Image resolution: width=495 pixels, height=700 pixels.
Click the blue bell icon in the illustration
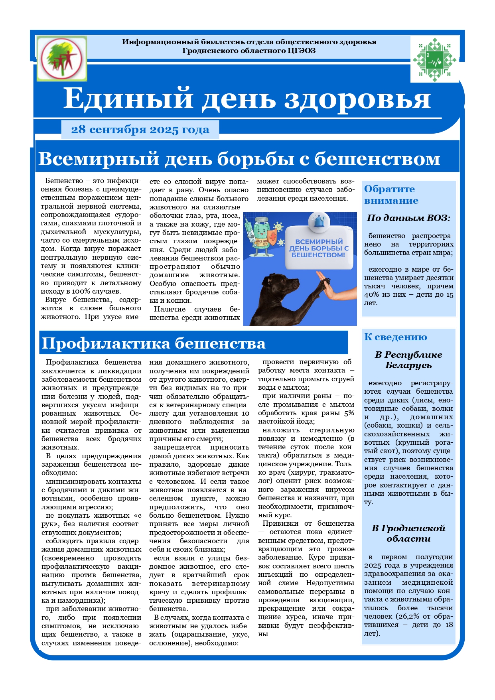(x=318, y=221)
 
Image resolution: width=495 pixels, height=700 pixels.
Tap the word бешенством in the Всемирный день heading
(x=377, y=159)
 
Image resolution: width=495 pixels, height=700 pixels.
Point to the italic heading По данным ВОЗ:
(x=408, y=218)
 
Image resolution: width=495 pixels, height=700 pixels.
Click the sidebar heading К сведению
(x=395, y=337)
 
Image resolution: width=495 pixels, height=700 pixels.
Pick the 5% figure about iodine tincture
(x=349, y=413)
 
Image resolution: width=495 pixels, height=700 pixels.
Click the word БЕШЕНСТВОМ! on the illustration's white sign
(x=318, y=255)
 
